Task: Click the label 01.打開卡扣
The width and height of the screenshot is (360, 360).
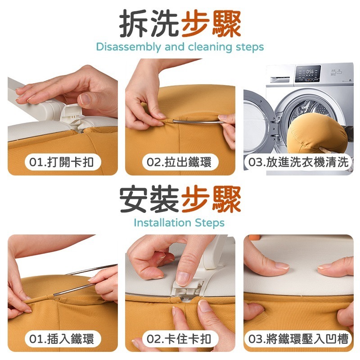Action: pyautogui.click(x=61, y=162)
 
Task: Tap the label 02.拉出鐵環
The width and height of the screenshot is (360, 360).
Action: pyautogui.click(x=179, y=162)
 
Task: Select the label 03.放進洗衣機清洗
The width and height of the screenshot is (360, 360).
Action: pyautogui.click(x=298, y=162)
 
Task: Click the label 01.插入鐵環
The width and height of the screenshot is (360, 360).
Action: pyautogui.click(x=61, y=339)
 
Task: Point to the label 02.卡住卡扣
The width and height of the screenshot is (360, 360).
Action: pyautogui.click(x=179, y=339)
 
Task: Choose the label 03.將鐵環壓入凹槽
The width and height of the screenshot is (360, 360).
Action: pyautogui.click(x=298, y=339)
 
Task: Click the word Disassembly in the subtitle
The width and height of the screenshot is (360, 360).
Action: pyautogui.click(x=129, y=47)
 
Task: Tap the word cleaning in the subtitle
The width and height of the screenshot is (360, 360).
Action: pyautogui.click(x=210, y=47)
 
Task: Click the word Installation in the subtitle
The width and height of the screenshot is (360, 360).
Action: pyautogui.click(x=162, y=223)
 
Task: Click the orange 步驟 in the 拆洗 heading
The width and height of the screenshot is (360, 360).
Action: pyautogui.click(x=211, y=24)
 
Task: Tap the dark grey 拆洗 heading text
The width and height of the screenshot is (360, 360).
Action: pyautogui.click(x=149, y=24)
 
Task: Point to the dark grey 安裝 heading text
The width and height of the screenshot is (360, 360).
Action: pyautogui.click(x=149, y=199)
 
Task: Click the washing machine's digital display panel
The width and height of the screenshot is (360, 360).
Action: pyautogui.click(x=308, y=73)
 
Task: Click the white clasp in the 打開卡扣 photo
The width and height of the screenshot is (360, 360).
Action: pyautogui.click(x=71, y=115)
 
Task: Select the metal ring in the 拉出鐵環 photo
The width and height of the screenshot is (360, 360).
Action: pyautogui.click(x=198, y=121)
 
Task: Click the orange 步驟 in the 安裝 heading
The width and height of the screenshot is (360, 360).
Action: pyautogui.click(x=211, y=199)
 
